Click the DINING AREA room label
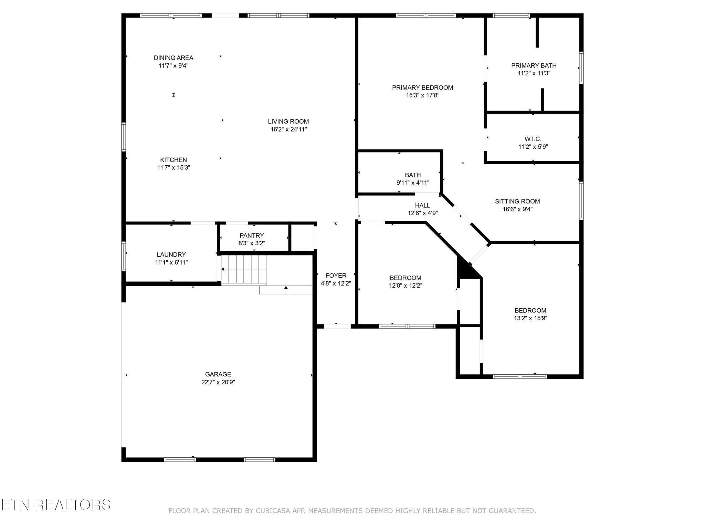coord(173,58)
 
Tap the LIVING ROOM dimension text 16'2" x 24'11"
coord(288,129)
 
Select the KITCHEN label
coord(173,160)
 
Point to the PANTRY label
coord(252,236)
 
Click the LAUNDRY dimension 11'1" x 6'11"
coord(171,262)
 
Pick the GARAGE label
coord(218,374)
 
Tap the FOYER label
coord(336,276)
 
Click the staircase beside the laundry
coord(244,269)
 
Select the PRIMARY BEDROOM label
coord(422,88)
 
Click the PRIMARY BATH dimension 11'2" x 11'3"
coord(534,73)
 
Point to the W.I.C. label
coord(533,139)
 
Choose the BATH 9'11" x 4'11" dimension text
coord(413,183)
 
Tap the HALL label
coord(422,206)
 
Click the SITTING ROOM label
coord(517,201)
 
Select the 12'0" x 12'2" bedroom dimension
coord(406,286)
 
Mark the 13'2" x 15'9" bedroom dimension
coord(530,318)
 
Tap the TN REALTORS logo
coord(56,505)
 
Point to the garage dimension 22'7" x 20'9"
coord(218,382)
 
